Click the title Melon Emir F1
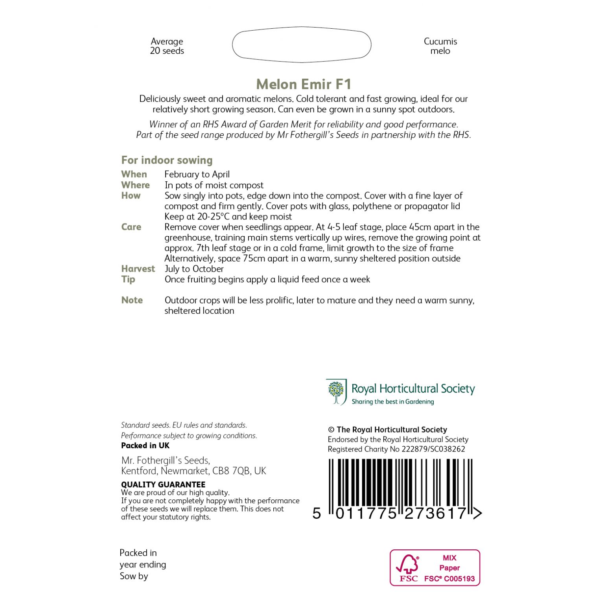303,84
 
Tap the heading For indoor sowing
167,160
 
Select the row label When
134,174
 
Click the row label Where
135,185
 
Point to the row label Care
131,227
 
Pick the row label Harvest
138,269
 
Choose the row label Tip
128,279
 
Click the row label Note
132,300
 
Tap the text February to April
197,174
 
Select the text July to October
194,269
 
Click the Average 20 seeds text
167,46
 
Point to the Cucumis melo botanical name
440,46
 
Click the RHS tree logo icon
336,392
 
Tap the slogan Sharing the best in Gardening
392,401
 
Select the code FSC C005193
449,579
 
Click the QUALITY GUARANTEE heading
163,484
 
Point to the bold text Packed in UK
145,446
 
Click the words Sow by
134,576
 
